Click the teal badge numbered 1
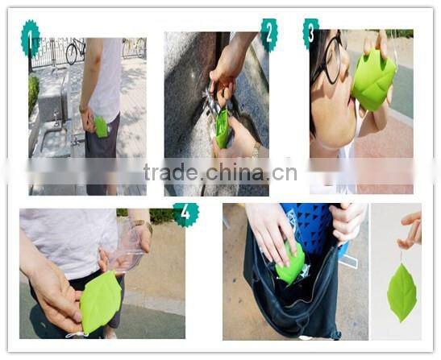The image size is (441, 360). (x=31, y=38)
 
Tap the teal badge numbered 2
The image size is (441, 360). (x=269, y=34)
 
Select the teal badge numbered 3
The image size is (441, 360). (x=310, y=33)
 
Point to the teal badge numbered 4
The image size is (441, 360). (x=186, y=214)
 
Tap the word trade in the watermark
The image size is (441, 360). (x=174, y=172)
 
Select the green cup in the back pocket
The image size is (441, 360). (x=101, y=126)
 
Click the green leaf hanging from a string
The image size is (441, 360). (x=401, y=292)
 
